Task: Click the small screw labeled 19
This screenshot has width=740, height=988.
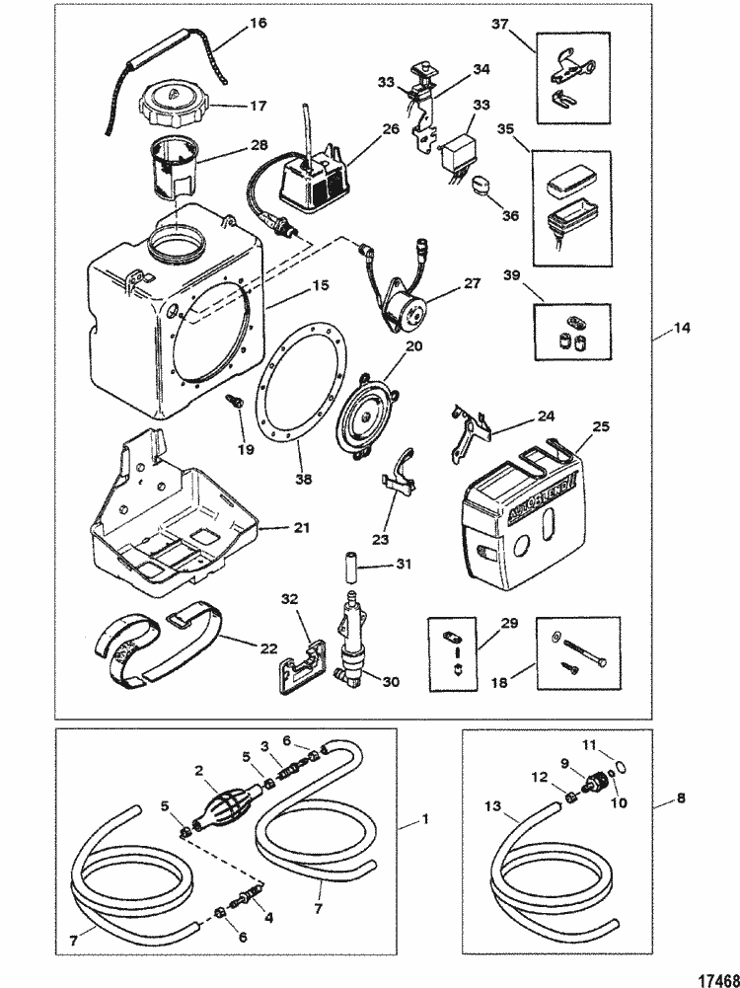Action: point(238,404)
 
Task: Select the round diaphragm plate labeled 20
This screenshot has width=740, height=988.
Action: point(364,415)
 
